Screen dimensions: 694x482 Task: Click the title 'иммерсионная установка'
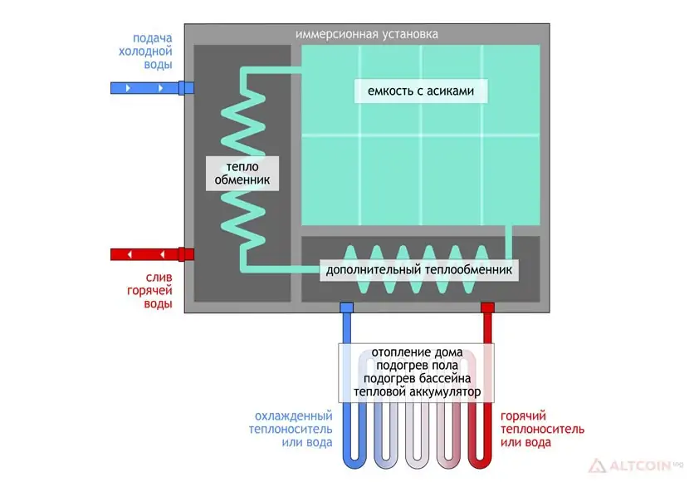click(x=366, y=34)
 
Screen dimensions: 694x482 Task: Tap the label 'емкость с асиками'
click(x=421, y=91)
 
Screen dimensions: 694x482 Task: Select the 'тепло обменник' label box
click(x=242, y=173)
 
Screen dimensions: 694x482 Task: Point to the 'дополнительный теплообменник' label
click(x=418, y=269)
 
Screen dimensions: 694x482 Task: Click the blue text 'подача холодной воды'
click(x=145, y=51)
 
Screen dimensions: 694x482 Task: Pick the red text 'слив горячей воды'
click(x=149, y=291)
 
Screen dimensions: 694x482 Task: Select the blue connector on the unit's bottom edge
click(x=346, y=307)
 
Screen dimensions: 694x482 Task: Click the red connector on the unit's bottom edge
click(x=487, y=307)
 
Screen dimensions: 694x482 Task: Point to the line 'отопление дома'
click(x=417, y=352)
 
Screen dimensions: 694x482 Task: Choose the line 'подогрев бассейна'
click(x=417, y=379)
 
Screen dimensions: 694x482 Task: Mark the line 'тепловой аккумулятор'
click(x=417, y=392)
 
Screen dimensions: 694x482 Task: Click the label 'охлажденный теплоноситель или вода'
click(x=291, y=429)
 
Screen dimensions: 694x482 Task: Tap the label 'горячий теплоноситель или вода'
click(x=542, y=429)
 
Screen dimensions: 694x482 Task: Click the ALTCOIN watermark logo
click(x=636, y=466)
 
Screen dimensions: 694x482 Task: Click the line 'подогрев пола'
click(x=417, y=366)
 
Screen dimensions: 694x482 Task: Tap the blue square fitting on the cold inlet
click(x=186, y=88)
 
